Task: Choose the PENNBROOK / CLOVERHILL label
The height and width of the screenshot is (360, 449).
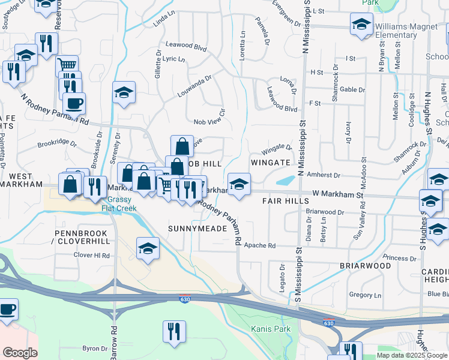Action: (x=82, y=236)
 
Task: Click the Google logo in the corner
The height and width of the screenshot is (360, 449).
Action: (x=20, y=352)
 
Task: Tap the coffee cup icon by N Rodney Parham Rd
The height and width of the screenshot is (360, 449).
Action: (x=74, y=103)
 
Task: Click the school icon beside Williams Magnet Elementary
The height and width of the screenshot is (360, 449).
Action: (x=361, y=25)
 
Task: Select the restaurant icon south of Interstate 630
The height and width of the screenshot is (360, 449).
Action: (x=174, y=331)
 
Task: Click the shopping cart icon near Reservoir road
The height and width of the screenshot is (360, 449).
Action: (x=67, y=65)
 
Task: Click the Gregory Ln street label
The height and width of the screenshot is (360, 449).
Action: (x=365, y=295)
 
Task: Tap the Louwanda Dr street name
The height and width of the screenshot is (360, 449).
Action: (x=194, y=86)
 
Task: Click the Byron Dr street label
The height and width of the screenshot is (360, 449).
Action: (x=94, y=348)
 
